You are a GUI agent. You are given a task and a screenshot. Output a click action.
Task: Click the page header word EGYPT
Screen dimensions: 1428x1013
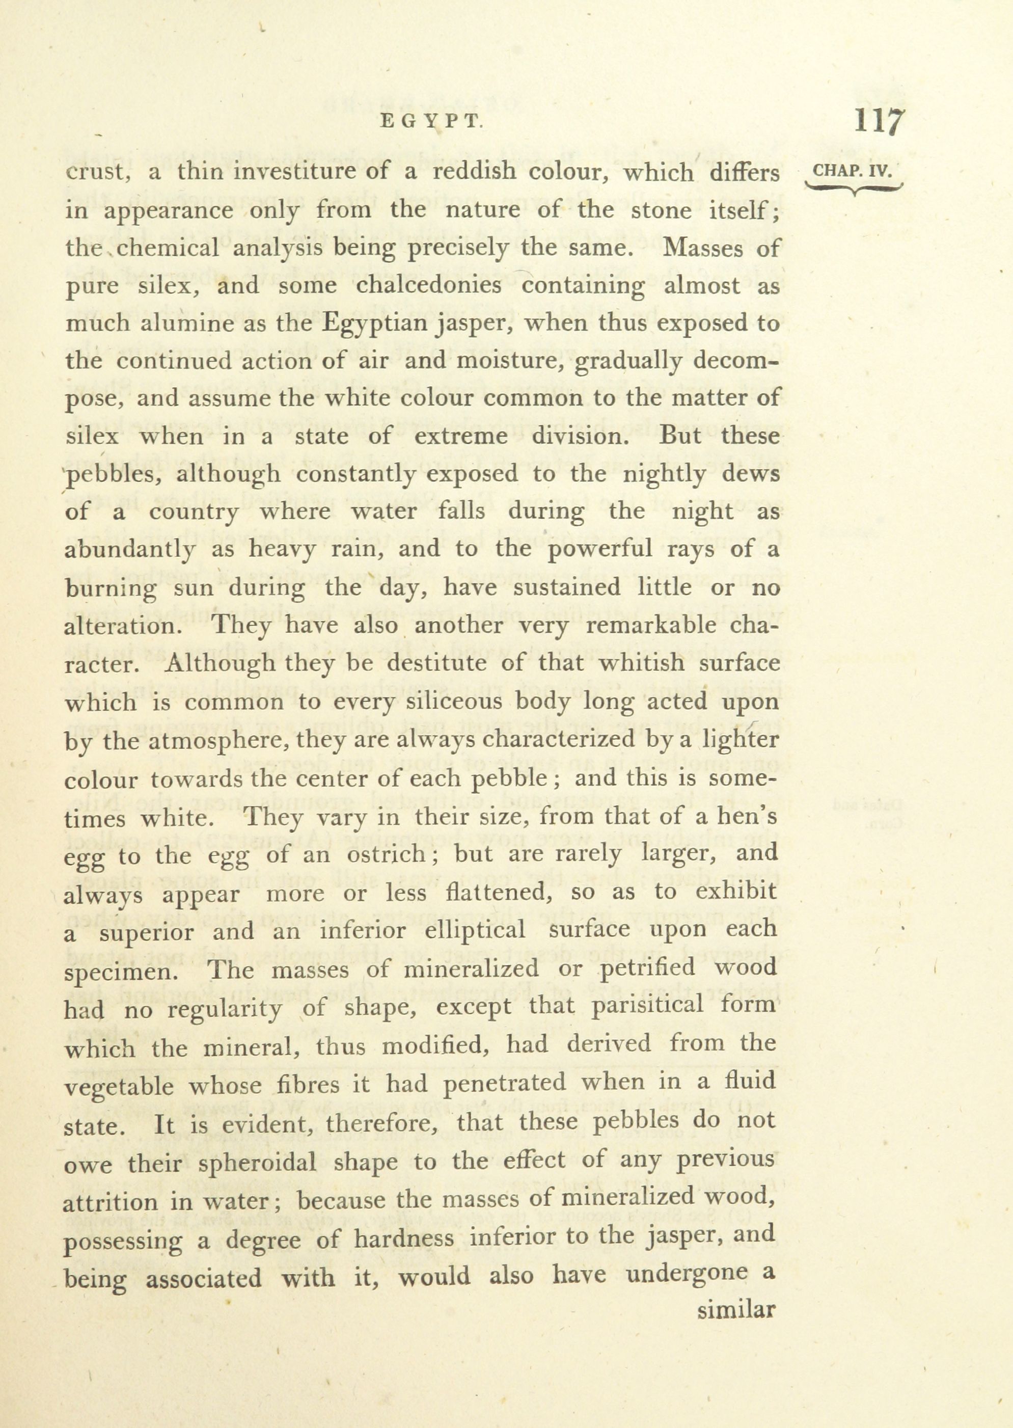pos(432,122)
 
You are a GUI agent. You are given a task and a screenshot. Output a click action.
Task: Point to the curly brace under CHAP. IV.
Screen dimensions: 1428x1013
pos(853,188)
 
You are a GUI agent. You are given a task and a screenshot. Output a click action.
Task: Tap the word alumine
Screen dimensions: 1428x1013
pos(178,323)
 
